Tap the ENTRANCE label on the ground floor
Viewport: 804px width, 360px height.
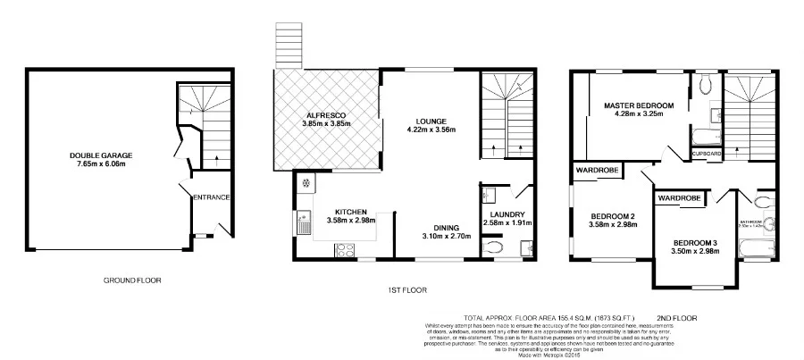(213, 197)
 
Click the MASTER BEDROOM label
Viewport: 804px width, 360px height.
(638, 105)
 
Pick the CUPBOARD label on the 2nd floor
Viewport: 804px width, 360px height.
(707, 154)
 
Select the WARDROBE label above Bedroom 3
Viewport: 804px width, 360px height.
(680, 197)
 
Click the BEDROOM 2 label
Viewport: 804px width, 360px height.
(612, 215)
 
